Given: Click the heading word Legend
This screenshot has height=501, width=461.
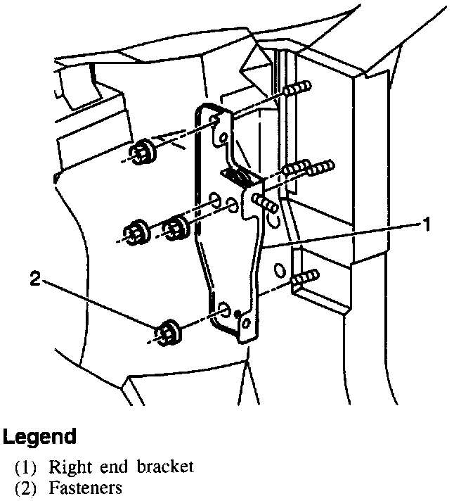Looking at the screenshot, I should (x=39, y=436).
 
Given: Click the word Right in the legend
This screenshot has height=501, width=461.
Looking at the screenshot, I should (x=67, y=467).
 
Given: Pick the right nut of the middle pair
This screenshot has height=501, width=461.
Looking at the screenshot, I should (x=176, y=227).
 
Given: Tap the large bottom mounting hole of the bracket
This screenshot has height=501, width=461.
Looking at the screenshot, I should (x=223, y=310).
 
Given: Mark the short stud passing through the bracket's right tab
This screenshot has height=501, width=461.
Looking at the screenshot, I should (x=263, y=204).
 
